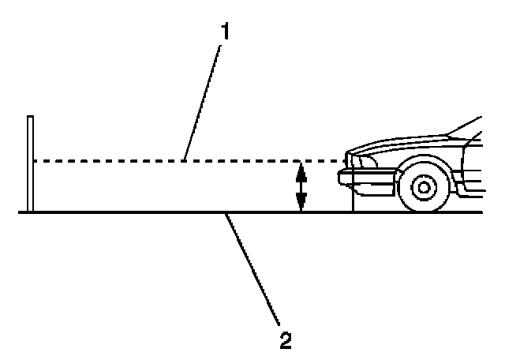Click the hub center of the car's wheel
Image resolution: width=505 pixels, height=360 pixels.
point(425,188)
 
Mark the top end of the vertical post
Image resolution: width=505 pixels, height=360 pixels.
point(30,118)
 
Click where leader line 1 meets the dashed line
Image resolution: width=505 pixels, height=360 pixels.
point(182,161)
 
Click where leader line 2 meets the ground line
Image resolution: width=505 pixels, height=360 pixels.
point(226,213)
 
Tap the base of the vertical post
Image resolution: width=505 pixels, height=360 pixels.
point(30,210)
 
